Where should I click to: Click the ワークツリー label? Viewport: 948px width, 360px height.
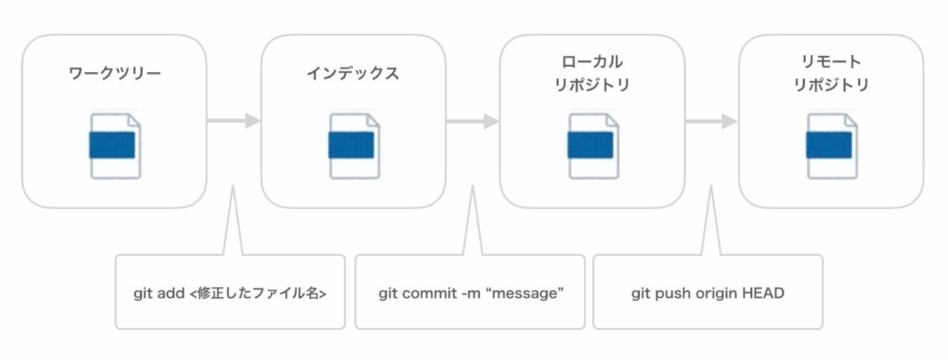[x=115, y=74]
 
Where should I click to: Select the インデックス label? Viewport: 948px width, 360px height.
[x=353, y=74]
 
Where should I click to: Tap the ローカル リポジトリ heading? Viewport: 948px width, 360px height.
[x=592, y=74]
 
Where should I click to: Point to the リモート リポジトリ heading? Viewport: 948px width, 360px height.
[x=830, y=74]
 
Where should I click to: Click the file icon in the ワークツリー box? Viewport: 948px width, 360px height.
[x=115, y=146]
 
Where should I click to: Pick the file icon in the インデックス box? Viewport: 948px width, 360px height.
[x=353, y=146]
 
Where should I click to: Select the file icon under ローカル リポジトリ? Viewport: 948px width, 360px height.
[x=592, y=146]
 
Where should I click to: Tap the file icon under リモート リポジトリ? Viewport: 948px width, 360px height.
[x=832, y=146]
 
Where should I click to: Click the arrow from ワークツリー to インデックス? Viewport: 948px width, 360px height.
[x=234, y=121]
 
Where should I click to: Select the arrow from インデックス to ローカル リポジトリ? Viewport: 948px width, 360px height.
[x=473, y=121]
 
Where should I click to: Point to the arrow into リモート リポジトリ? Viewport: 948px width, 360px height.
[x=711, y=121]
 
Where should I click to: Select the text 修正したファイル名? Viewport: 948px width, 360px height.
[x=257, y=293]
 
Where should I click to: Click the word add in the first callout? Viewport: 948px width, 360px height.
[x=171, y=293]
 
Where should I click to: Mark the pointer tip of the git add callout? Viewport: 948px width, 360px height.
[x=233, y=185]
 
